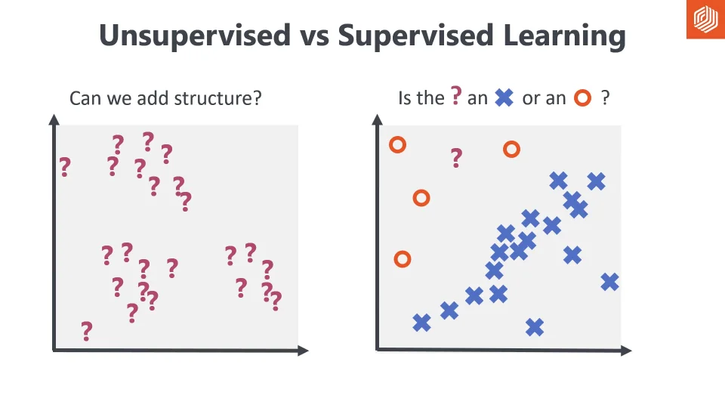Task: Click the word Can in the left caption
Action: point(84,98)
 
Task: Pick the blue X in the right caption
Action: point(504,97)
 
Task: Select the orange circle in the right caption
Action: point(582,98)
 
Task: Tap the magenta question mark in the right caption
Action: point(456,96)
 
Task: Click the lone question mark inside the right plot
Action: point(456,158)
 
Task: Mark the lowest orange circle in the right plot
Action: point(403,259)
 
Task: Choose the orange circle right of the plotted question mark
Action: point(511,149)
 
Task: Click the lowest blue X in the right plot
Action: point(535,327)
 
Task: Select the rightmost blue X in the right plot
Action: point(609,282)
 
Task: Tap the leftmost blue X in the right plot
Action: point(422,323)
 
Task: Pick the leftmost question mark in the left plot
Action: point(65,166)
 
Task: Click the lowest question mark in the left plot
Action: point(87,331)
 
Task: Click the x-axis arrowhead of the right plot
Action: point(625,350)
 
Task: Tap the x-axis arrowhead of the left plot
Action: point(303,350)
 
